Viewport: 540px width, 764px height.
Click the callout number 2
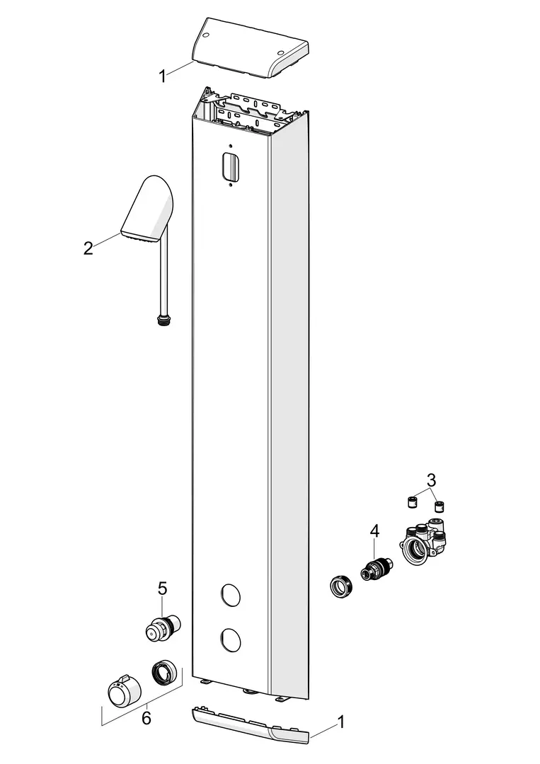click(x=88, y=248)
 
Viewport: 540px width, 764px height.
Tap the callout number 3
click(x=431, y=480)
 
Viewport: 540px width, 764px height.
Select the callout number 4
click(x=374, y=531)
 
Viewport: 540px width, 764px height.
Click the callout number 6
click(x=147, y=718)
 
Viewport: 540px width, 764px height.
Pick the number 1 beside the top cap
click(x=163, y=76)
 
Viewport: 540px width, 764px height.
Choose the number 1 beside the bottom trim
click(x=341, y=722)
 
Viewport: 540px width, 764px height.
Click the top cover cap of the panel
click(x=251, y=48)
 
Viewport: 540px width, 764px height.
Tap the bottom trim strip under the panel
click(x=251, y=726)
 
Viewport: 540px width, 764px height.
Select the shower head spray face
click(x=140, y=236)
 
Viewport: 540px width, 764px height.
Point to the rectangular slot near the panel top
click(x=231, y=166)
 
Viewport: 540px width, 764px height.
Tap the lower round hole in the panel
click(x=230, y=639)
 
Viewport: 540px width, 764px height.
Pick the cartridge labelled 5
click(x=163, y=627)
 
